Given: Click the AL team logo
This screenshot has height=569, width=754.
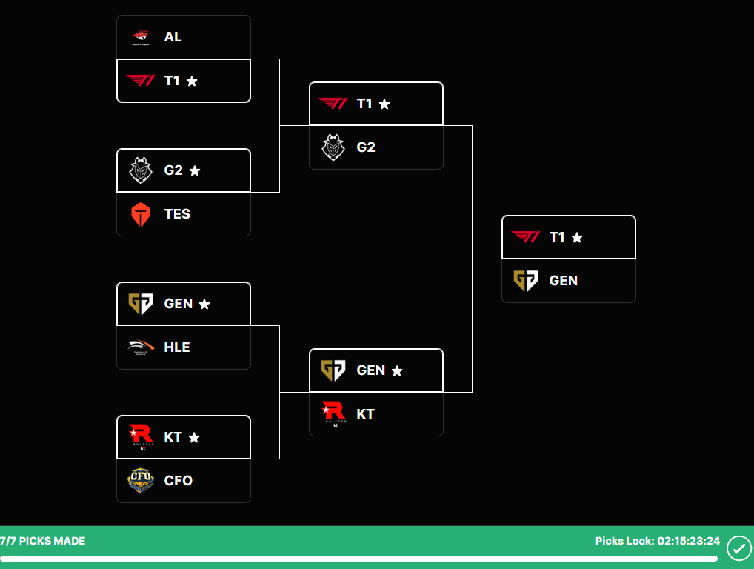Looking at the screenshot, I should (141, 36).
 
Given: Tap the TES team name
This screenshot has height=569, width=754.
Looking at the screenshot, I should (177, 214).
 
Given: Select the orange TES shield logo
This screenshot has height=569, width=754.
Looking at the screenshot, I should (141, 214).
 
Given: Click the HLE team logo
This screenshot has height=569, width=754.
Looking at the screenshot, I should (141, 347).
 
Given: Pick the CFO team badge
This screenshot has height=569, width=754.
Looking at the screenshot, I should (141, 480).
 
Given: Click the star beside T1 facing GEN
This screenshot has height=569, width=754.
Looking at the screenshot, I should (577, 237).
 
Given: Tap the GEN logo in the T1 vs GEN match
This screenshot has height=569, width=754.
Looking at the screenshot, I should (526, 281).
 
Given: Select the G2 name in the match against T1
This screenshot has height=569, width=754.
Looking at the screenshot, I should (366, 147).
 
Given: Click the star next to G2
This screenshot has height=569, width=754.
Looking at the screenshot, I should (195, 170).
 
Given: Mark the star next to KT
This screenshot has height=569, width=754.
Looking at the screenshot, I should (194, 437).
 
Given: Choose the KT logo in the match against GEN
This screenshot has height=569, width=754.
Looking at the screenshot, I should (333, 414).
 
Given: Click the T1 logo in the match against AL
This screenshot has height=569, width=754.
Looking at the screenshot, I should (141, 81).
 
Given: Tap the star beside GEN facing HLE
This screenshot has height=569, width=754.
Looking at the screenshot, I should (204, 304).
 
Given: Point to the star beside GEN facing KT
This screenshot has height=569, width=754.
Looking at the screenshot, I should (397, 370).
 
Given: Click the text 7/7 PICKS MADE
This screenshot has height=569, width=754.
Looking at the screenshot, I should (43, 541).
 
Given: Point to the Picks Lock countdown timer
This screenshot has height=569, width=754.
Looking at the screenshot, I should (688, 541).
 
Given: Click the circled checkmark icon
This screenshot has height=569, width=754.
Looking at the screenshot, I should (738, 548).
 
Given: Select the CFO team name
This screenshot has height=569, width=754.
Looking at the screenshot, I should (178, 480).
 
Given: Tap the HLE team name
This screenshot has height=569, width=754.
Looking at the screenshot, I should (177, 347).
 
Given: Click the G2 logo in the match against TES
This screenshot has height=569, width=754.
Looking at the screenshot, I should (141, 170).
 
